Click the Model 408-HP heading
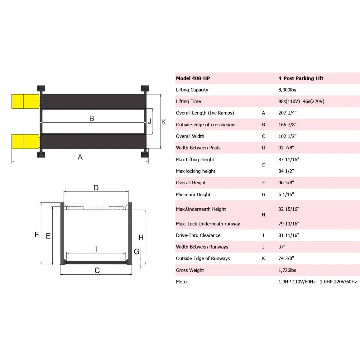pyautogui.click(x=193, y=78)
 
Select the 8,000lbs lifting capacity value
pyautogui.click(x=287, y=90)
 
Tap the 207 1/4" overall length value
pyautogui.click(x=287, y=113)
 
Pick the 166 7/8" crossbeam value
pyautogui.click(x=287, y=125)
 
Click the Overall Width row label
pyautogui.click(x=190, y=136)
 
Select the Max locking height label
pyautogui.click(x=196, y=171)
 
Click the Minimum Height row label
pyautogui.click(x=193, y=194)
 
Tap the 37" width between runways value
pyautogui.click(x=282, y=247)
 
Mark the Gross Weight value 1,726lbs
pyautogui.click(x=288, y=270)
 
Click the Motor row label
pyautogui.click(x=182, y=282)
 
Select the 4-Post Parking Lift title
pyautogui.click(x=301, y=78)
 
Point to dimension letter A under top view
pyautogui.click(x=80, y=157)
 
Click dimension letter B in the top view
pyautogui.click(x=92, y=118)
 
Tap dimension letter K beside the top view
pyautogui.click(x=163, y=122)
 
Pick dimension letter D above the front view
pyautogui.click(x=96, y=188)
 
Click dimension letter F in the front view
pyautogui.click(x=37, y=235)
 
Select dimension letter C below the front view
pyautogui.click(x=97, y=270)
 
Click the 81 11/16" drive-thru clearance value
pyautogui.click(x=289, y=235)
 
